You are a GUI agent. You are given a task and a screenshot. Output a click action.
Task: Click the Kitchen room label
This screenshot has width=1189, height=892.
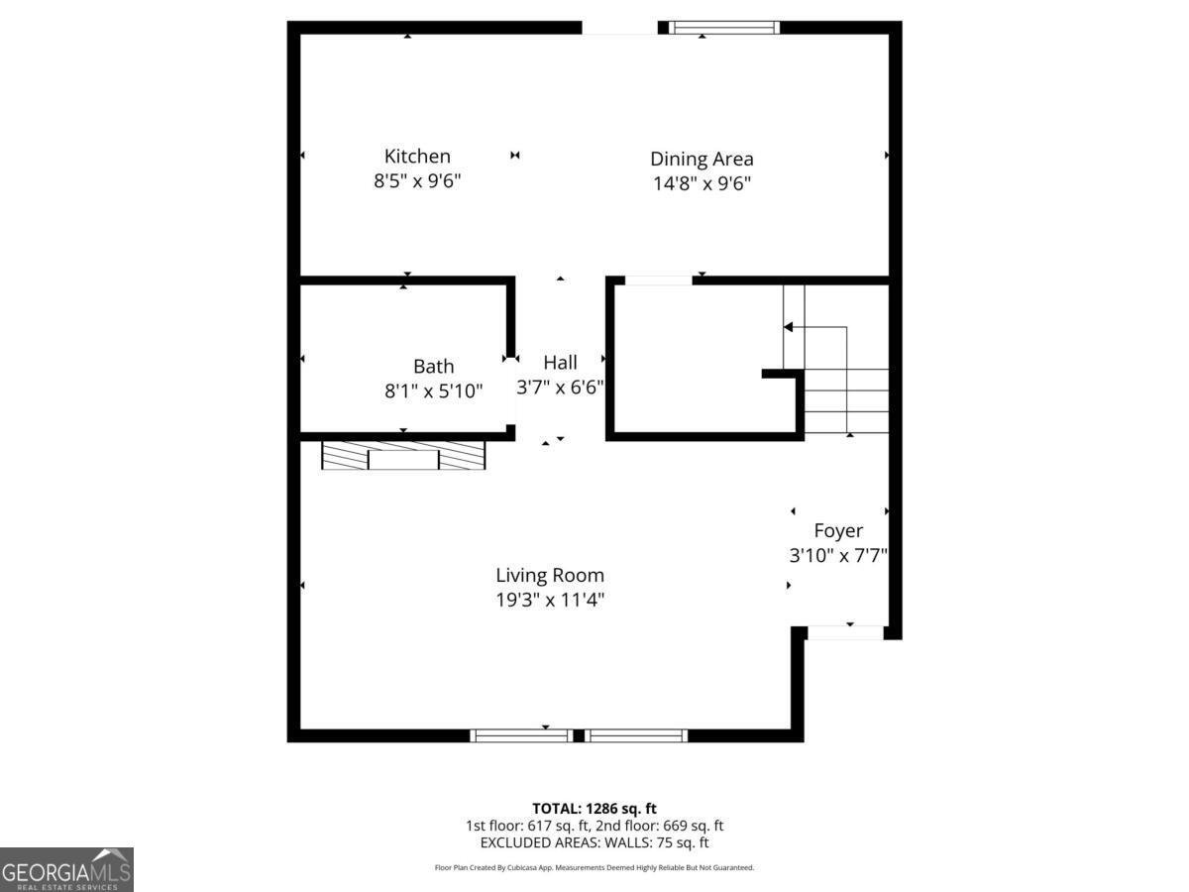pos(417,156)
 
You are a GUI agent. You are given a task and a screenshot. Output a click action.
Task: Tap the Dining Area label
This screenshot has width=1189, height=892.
pos(702,159)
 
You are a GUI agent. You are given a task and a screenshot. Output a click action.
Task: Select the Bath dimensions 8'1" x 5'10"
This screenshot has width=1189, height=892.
pos(434,390)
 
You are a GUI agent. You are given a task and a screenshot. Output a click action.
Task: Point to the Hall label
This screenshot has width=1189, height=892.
pos(560,363)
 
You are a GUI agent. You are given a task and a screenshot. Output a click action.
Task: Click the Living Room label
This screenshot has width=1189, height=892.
pos(550,575)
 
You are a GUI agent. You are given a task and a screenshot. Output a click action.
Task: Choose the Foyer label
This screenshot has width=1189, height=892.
pos(838,530)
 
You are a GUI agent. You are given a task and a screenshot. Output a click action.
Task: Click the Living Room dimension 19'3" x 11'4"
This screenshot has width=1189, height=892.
pos(550,600)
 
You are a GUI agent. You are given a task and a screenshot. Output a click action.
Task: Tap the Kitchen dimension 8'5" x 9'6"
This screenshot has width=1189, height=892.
pos(417,181)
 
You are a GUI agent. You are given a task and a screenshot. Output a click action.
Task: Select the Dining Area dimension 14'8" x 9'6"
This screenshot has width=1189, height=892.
pos(702,183)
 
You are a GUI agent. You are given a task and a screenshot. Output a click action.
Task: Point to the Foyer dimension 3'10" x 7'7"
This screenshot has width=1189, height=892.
pos(838,556)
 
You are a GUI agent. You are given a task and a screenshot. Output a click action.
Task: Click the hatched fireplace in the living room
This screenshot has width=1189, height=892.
pos(403,455)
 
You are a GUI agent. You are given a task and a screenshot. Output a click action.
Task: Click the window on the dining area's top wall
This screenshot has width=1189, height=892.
pos(723,28)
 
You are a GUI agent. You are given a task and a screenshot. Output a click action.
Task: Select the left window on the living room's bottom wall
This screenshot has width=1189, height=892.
pos(521,735)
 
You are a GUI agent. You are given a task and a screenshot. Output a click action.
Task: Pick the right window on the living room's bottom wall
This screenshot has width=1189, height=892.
pos(635,735)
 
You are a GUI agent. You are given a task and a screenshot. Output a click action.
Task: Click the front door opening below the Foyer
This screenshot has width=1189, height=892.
pos(845,632)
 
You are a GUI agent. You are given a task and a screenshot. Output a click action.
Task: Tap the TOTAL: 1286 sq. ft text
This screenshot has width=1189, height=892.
pos(594,808)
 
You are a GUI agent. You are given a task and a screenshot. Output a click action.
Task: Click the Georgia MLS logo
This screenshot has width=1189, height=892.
pos(66,869)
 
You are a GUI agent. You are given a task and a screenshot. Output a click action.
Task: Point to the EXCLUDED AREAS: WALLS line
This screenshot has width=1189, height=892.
pos(594,842)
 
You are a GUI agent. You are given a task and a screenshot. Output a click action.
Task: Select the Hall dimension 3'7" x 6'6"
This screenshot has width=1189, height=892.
pos(560,388)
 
